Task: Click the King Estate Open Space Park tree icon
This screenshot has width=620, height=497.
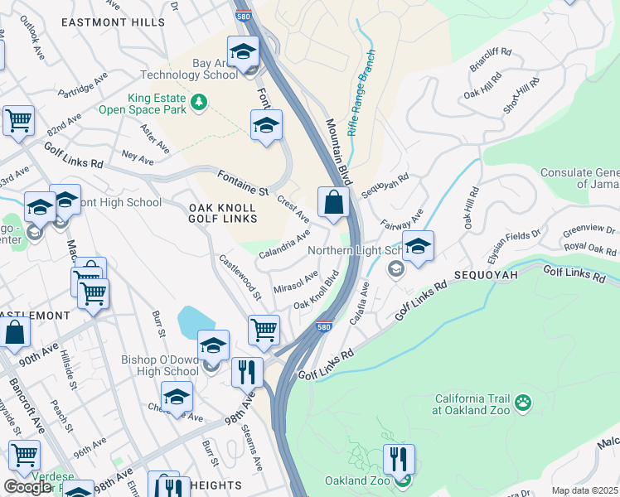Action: point(198,102)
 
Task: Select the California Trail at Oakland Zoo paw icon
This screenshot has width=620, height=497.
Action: point(523,403)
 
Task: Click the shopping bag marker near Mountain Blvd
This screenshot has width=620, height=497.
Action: point(333,201)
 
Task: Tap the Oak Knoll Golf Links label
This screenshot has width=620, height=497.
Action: point(223,213)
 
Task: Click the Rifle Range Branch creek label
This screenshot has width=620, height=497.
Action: point(361,93)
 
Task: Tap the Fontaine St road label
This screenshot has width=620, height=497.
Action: point(244,182)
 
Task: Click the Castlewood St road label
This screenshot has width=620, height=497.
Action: point(240,277)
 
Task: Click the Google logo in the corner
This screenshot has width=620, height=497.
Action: point(27,487)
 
